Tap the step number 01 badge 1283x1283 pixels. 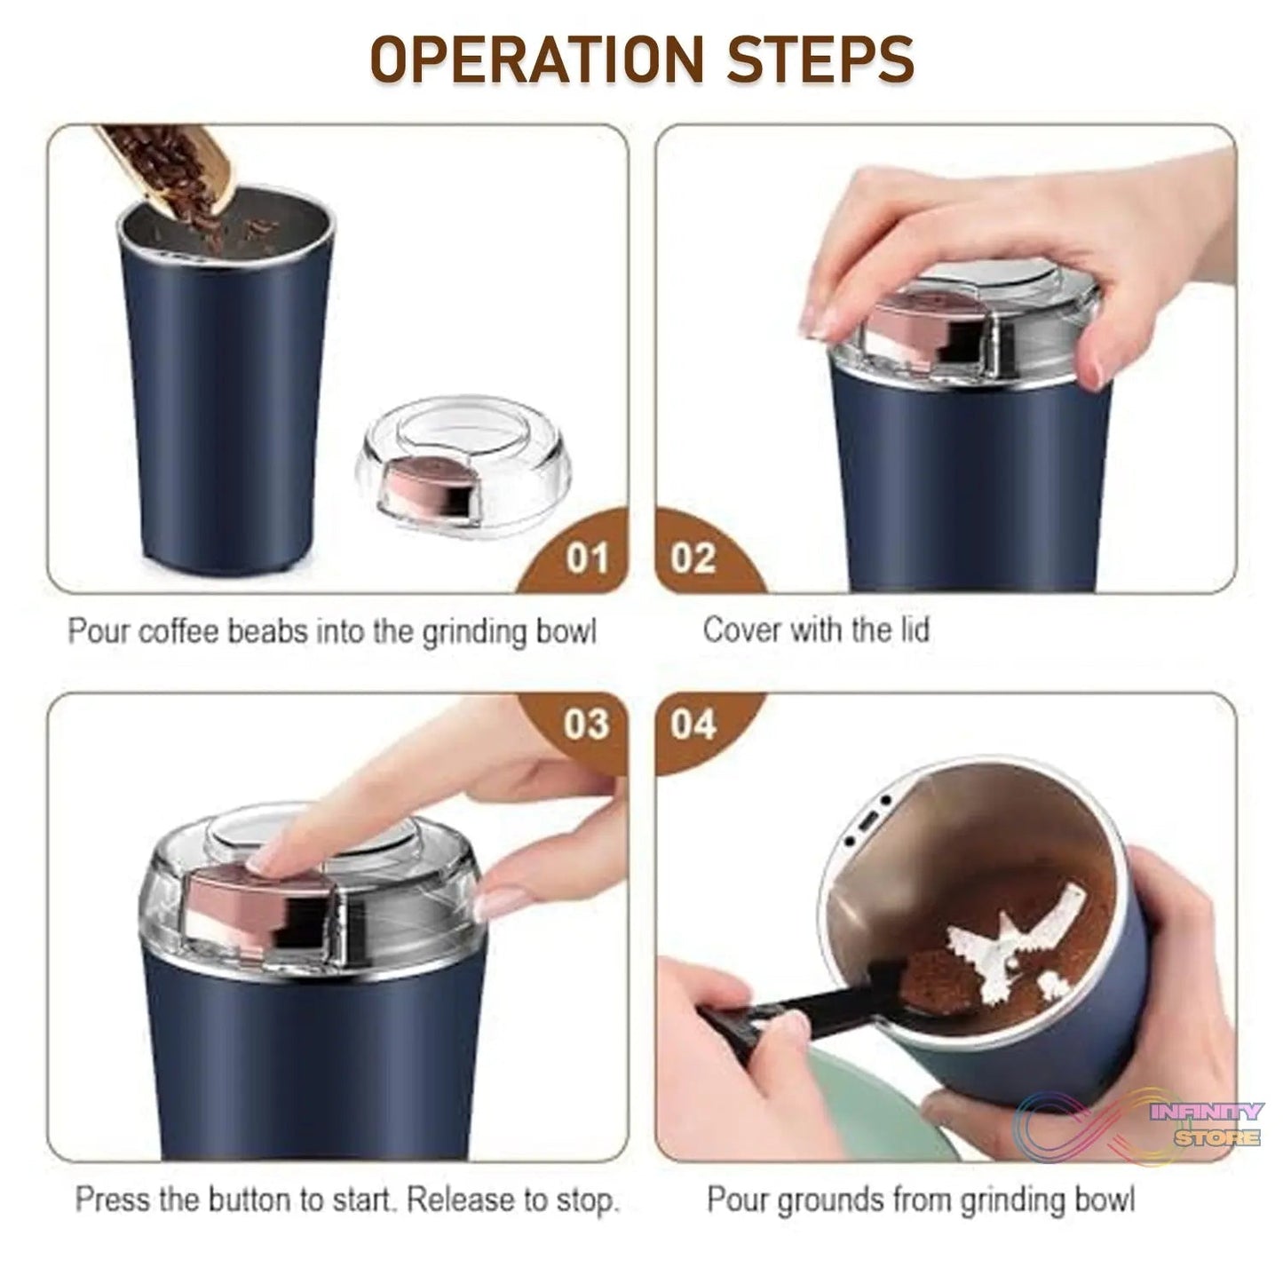pyautogui.click(x=587, y=559)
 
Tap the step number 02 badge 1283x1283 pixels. pyautogui.click(x=693, y=559)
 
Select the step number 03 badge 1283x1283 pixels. pyautogui.click(x=586, y=725)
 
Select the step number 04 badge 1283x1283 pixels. pyautogui.click(x=693, y=725)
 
